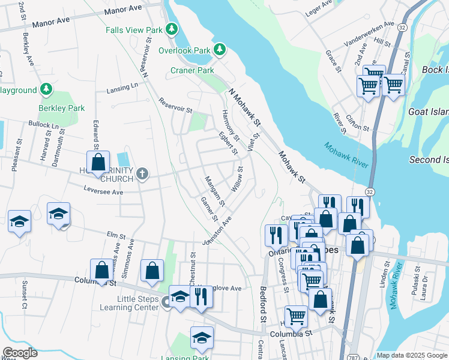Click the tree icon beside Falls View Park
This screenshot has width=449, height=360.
(x=172, y=29)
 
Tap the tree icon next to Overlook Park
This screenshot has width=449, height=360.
(x=220, y=49)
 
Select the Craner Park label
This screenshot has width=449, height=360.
(x=192, y=70)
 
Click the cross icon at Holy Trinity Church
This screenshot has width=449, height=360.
(x=142, y=175)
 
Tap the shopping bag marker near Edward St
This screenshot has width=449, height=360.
(x=98, y=163)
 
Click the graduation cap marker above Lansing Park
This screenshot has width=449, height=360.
(x=202, y=338)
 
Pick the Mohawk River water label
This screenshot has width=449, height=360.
(x=345, y=155)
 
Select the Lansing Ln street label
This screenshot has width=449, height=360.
(x=122, y=88)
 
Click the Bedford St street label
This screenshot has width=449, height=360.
(x=262, y=303)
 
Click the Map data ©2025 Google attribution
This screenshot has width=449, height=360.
(x=412, y=355)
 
